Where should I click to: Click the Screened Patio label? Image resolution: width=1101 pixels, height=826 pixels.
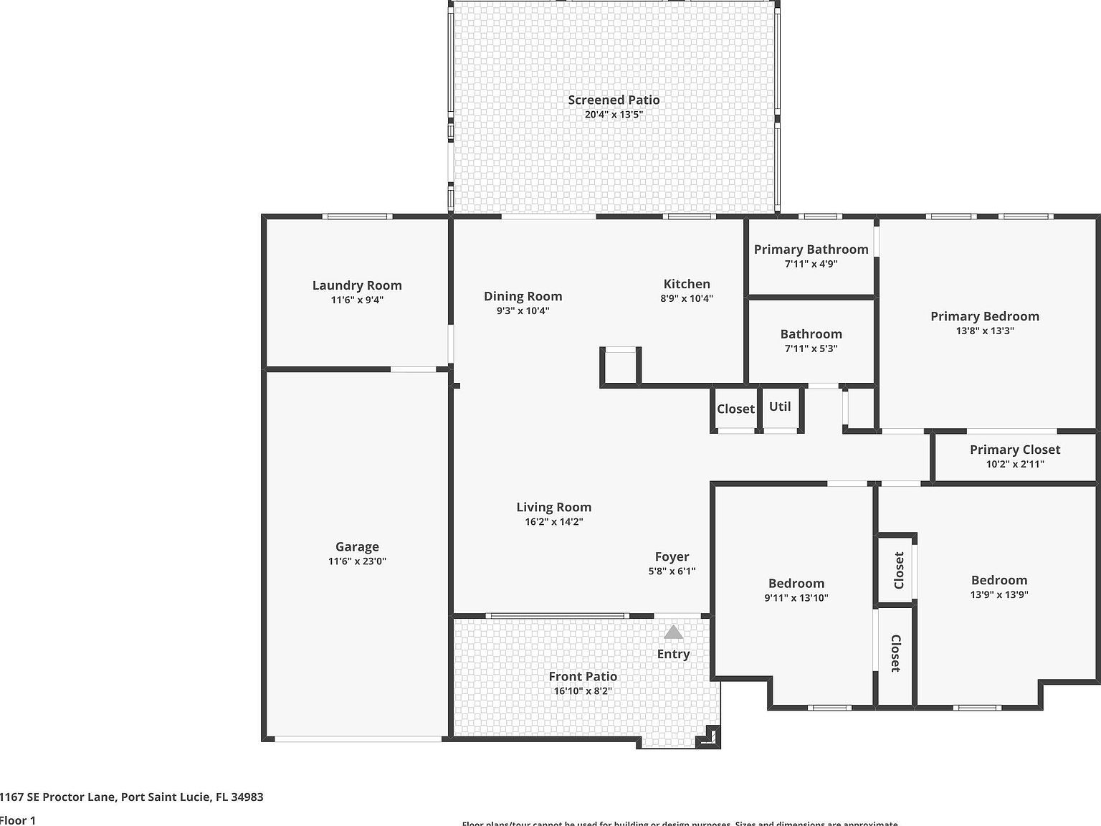click(x=614, y=100)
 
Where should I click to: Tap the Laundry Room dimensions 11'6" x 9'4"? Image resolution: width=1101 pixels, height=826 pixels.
click(x=357, y=300)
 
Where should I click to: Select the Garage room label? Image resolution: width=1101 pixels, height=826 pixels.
click(x=357, y=546)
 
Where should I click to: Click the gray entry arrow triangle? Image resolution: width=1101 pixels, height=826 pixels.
click(x=673, y=632)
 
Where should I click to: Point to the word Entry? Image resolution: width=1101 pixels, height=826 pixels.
click(x=673, y=654)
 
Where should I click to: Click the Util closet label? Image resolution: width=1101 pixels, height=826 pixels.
click(x=780, y=407)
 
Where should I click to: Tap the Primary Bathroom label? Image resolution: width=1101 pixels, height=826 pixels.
click(x=811, y=249)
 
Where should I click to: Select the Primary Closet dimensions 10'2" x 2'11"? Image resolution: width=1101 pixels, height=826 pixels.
click(x=1014, y=464)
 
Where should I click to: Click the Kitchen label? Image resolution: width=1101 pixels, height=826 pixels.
click(x=687, y=284)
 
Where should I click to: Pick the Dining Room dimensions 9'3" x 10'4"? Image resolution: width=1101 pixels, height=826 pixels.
click(x=523, y=310)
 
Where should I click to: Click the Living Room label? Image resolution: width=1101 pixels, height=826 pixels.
click(x=553, y=507)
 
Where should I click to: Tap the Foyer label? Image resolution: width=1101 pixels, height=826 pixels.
click(x=672, y=556)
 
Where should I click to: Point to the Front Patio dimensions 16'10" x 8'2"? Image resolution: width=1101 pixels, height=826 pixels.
click(x=583, y=691)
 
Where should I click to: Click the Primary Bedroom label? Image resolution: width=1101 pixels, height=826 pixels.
click(x=984, y=316)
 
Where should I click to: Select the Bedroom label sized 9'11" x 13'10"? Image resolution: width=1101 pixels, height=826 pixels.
click(x=796, y=583)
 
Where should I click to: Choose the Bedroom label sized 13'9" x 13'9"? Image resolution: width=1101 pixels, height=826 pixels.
click(x=998, y=580)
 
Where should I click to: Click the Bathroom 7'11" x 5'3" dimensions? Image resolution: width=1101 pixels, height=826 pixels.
click(x=811, y=348)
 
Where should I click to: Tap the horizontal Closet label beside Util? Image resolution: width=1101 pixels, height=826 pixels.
click(x=735, y=409)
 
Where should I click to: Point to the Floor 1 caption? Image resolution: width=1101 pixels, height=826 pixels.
click(x=17, y=820)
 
